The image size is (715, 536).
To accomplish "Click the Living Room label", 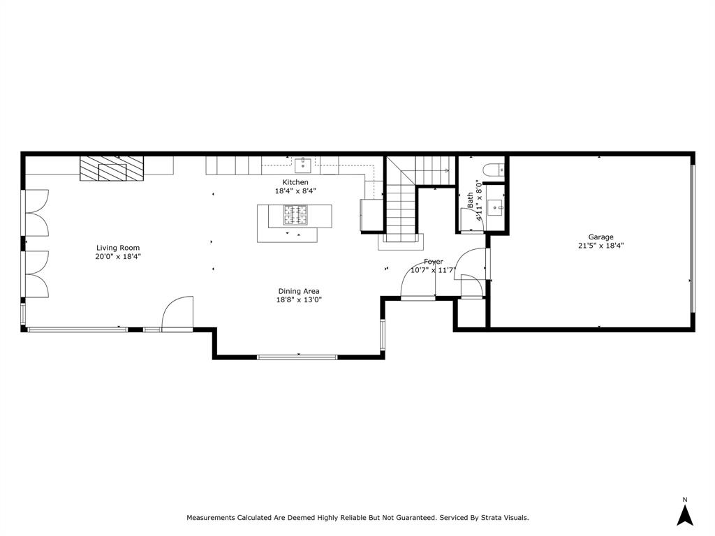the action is click(x=117, y=248).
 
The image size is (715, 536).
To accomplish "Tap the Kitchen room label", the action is click(x=295, y=182).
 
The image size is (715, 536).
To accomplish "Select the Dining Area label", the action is click(x=299, y=291).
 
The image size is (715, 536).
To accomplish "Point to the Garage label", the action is click(x=600, y=237).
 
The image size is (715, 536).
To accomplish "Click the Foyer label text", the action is click(x=433, y=262).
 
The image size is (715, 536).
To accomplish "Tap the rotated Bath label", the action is click(x=470, y=200).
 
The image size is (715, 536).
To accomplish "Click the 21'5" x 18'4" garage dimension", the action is click(x=600, y=246).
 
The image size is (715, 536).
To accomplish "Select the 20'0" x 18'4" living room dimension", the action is click(x=117, y=257).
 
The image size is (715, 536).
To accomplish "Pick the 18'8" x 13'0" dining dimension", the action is click(x=299, y=300).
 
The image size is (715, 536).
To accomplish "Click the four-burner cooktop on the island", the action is click(x=295, y=215).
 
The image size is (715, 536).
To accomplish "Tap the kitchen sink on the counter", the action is click(x=302, y=165).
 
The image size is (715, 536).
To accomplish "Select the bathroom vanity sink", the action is click(x=495, y=207).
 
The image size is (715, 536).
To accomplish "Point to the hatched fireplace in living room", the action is click(x=112, y=169).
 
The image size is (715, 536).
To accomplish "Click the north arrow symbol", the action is click(x=684, y=515).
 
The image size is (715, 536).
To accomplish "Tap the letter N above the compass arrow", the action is click(x=684, y=500).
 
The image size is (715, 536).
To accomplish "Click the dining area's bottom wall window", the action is click(x=297, y=357).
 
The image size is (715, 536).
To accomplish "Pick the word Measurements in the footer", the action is click(x=210, y=518).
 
